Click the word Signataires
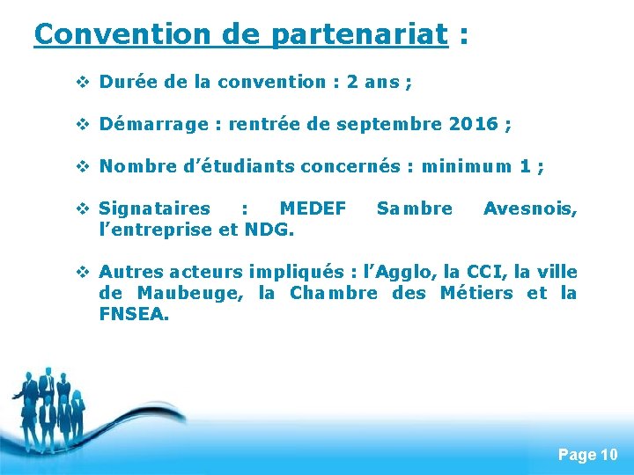point(155,208)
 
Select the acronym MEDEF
point(313,208)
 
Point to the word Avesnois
point(530,208)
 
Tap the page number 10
point(608,455)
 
